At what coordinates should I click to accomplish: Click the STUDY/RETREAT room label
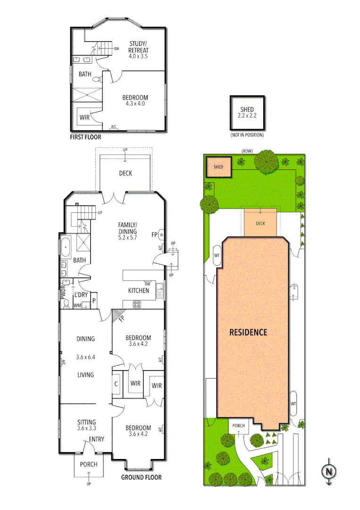click(x=139, y=48)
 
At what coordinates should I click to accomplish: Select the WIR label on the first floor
click(x=84, y=117)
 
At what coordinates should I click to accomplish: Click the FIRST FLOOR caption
click(x=85, y=137)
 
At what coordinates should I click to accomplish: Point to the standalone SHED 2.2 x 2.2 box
click(x=247, y=113)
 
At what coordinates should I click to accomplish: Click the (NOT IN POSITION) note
click(x=247, y=135)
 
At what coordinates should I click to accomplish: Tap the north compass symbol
click(x=328, y=471)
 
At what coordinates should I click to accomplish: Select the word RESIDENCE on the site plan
click(x=248, y=332)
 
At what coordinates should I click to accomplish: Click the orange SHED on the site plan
click(x=218, y=167)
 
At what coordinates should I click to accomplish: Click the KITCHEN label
click(x=139, y=290)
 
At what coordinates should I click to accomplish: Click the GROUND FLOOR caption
click(x=141, y=477)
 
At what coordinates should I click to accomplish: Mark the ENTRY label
click(x=96, y=439)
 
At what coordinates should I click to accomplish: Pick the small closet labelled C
click(x=116, y=384)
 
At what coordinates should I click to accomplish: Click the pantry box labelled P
click(x=94, y=301)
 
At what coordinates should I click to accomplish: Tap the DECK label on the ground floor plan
click(x=126, y=173)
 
